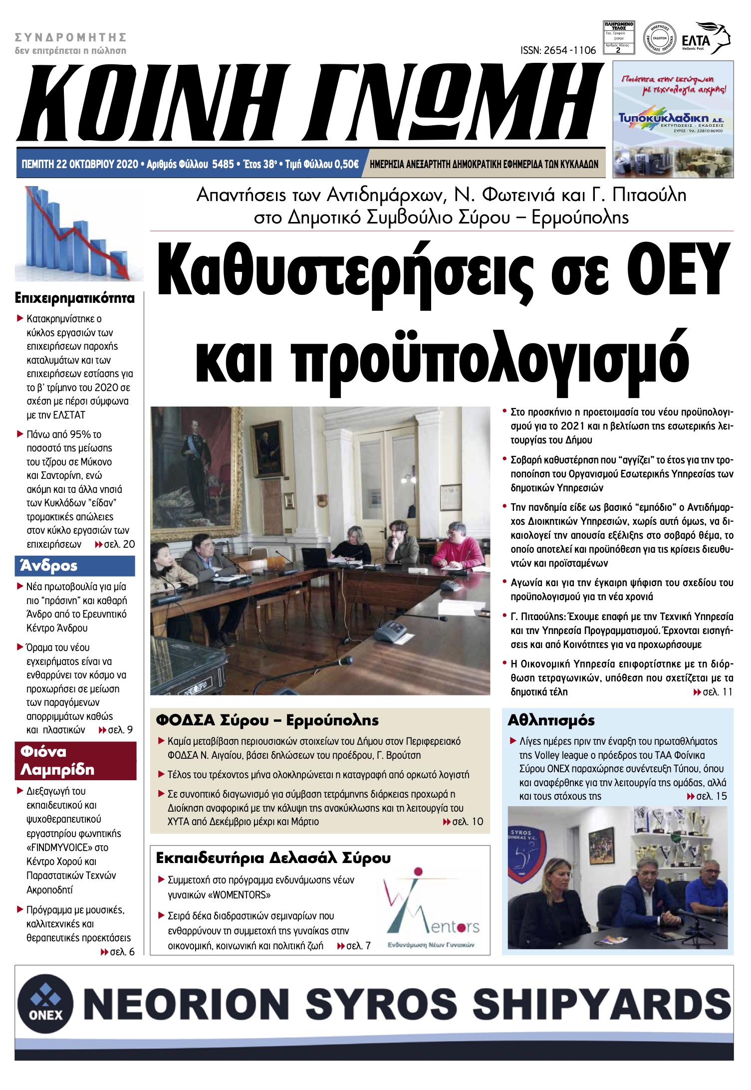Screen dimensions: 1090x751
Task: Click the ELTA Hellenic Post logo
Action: [x=705, y=38]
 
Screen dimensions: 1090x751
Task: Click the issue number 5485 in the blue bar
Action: [x=223, y=164]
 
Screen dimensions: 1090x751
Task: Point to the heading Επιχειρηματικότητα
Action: [x=75, y=298]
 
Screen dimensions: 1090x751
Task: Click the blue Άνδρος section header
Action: [x=75, y=566]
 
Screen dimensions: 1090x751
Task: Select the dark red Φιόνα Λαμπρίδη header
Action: [x=75, y=760]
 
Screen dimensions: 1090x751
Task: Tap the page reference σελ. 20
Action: [x=119, y=544]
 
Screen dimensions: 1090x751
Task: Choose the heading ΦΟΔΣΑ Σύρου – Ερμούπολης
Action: [x=267, y=720]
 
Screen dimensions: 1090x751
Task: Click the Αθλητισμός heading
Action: [x=551, y=720]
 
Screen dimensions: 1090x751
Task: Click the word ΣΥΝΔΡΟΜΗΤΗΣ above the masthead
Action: [x=70, y=37]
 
